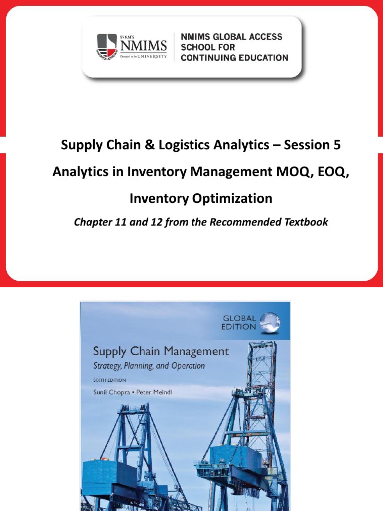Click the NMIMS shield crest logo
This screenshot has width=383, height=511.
[x=106, y=47]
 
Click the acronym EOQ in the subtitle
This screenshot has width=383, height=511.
[x=314, y=172]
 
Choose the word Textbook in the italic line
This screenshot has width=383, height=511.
[x=304, y=222]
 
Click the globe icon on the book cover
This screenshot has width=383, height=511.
[x=270, y=322]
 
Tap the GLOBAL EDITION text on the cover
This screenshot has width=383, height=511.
[x=239, y=322]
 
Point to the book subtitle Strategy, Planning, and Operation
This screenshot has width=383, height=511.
[x=149, y=366]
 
